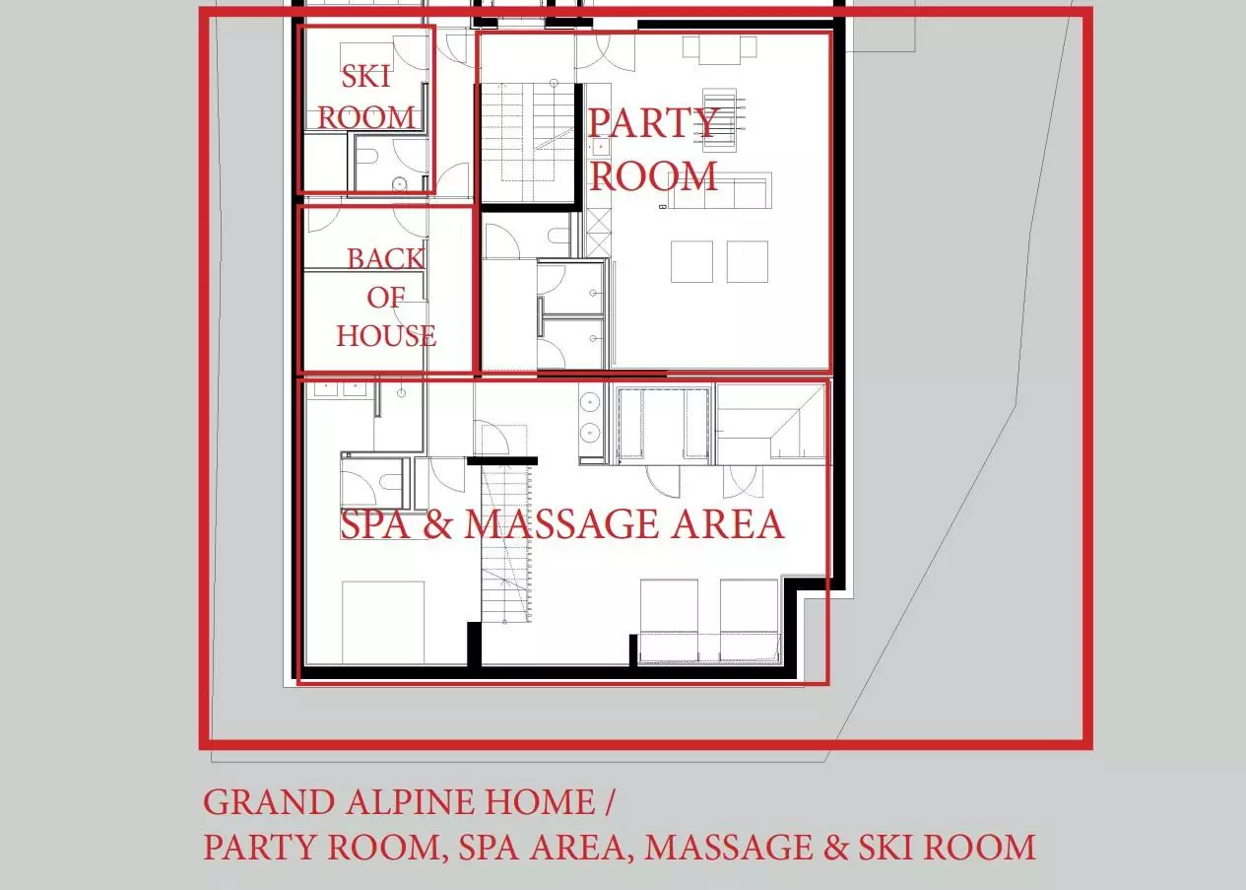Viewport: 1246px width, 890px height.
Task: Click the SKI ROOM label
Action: [x=366, y=97]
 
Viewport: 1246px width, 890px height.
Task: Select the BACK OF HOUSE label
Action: [x=386, y=298]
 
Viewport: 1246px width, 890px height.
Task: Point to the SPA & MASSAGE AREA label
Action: [x=561, y=523]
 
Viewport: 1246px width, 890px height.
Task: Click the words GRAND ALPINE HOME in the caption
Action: [x=399, y=802]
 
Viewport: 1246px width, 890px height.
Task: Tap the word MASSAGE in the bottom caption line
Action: [x=729, y=848]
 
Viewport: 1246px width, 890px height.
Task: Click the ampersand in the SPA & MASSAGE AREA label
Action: [x=436, y=523]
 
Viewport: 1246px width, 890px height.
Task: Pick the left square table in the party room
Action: [x=691, y=261]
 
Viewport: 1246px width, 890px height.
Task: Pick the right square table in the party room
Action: [x=748, y=261]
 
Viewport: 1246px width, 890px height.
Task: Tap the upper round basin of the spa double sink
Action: [x=590, y=401]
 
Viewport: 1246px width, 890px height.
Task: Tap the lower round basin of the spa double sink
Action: [x=590, y=432]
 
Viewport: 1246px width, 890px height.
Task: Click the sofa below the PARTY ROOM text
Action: [x=720, y=191]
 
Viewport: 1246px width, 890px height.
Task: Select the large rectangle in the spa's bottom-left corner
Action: [x=383, y=623]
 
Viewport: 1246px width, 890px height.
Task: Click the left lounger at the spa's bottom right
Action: [x=669, y=620]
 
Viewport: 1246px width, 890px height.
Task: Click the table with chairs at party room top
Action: [x=720, y=50]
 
